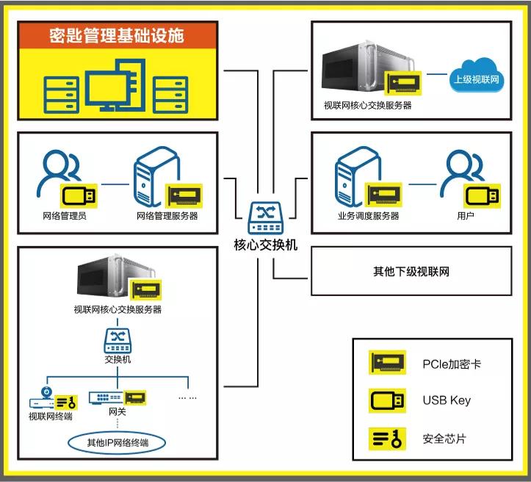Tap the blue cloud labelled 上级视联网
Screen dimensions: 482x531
click(x=477, y=79)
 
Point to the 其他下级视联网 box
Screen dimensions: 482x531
click(x=411, y=271)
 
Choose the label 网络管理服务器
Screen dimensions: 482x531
click(x=167, y=216)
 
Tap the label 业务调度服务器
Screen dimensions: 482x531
click(x=368, y=216)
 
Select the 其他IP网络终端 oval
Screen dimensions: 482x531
click(x=117, y=442)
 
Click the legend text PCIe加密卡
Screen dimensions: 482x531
click(x=452, y=364)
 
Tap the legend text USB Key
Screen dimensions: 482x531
click(x=447, y=400)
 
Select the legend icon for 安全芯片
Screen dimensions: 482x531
click(x=386, y=439)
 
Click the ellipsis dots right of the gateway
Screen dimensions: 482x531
click(x=187, y=398)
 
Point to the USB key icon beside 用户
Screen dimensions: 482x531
click(x=483, y=195)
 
